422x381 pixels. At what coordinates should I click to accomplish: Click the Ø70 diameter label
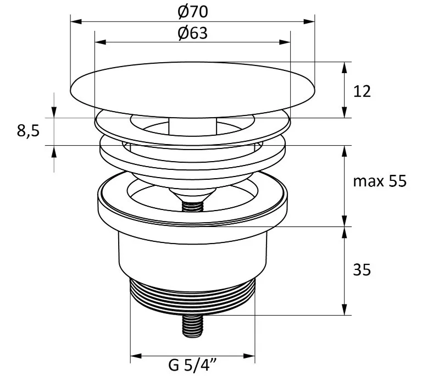pyautogui.click(x=193, y=12)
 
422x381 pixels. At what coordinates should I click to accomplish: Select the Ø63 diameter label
pyautogui.click(x=193, y=33)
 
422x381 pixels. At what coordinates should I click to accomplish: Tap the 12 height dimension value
pyautogui.click(x=362, y=91)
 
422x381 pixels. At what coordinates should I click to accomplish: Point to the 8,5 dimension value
pyautogui.click(x=28, y=131)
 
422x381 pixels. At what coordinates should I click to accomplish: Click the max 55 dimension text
pyautogui.click(x=380, y=181)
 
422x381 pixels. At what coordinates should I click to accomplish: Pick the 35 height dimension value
pyautogui.click(x=362, y=269)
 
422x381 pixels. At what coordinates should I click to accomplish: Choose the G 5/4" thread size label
pyautogui.click(x=193, y=365)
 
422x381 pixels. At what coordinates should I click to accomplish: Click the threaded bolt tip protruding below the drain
pyautogui.click(x=193, y=326)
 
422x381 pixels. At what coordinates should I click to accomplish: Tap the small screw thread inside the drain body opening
pyautogui.click(x=193, y=206)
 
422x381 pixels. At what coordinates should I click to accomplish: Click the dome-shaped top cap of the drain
pyautogui.click(x=192, y=90)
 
